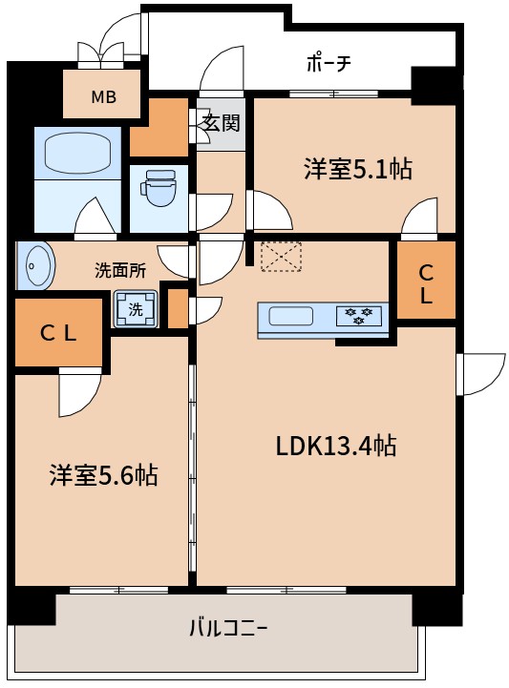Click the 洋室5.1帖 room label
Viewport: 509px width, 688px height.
pyautogui.click(x=357, y=170)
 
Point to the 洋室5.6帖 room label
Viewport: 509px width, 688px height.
pyautogui.click(x=103, y=474)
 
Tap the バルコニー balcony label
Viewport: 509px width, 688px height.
pyautogui.click(x=227, y=628)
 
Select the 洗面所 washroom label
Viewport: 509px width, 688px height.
pyautogui.click(x=120, y=270)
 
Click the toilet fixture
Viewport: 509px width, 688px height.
pyautogui.click(x=159, y=187)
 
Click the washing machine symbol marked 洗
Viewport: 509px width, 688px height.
pyautogui.click(x=135, y=309)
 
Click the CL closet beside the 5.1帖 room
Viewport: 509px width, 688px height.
pyautogui.click(x=425, y=282)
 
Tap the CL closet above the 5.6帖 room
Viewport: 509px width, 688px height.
pyautogui.click(x=58, y=332)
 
